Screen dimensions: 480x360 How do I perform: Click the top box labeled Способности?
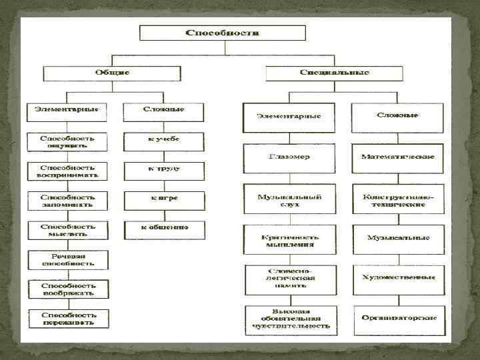[222, 33]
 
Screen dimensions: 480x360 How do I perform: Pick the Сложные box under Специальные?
[397, 115]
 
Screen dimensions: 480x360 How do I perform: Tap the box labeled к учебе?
[163, 140]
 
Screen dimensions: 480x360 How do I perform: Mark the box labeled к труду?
[163, 169]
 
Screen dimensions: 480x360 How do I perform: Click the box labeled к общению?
[163, 229]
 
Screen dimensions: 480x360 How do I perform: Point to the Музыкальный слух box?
[289, 201]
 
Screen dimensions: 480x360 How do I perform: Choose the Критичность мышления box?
[289, 240]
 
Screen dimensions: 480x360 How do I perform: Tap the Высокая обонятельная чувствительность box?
[289, 320]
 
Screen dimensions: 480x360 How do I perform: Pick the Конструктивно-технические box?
[397, 201]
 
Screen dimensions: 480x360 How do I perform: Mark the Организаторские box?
[397, 317]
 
